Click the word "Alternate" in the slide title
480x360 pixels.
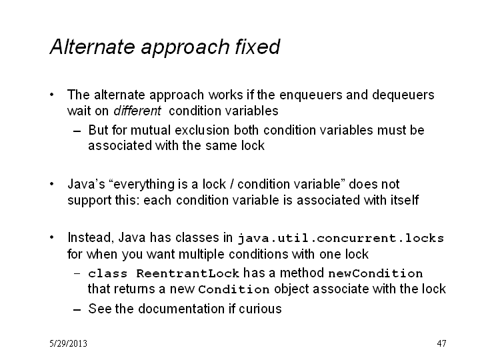93,47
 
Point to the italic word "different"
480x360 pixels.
137,111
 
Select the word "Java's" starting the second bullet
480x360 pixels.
86,184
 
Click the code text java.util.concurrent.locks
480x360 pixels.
341,238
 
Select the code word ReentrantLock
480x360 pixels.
187,273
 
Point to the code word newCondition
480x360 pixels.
375,273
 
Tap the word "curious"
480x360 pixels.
260,309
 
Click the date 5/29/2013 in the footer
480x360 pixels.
68,343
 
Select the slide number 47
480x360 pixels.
441,343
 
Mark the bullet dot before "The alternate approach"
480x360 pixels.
52,95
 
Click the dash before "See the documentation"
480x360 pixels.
77,310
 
